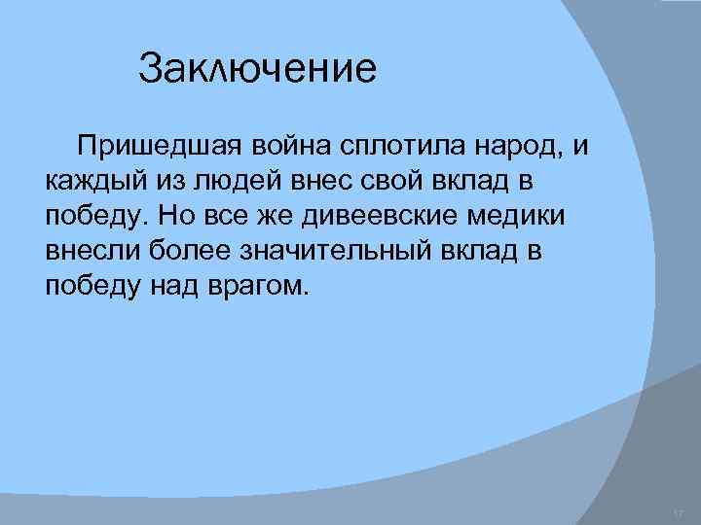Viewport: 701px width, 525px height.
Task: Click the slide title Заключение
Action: point(257,70)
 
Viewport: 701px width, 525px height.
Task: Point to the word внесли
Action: point(93,250)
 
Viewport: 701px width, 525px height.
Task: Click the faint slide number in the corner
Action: point(679,512)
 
